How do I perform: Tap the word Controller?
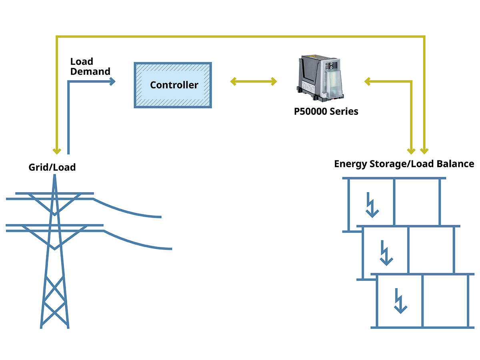click(174, 85)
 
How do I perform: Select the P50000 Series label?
click(326, 111)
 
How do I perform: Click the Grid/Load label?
click(52, 167)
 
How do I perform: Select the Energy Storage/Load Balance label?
click(404, 164)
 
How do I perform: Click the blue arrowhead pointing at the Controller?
click(112, 82)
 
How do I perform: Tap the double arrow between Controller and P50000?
click(254, 82)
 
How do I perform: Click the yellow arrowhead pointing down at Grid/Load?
click(57, 151)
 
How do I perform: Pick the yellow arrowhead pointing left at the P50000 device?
click(367, 82)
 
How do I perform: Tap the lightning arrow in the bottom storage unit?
click(400, 301)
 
